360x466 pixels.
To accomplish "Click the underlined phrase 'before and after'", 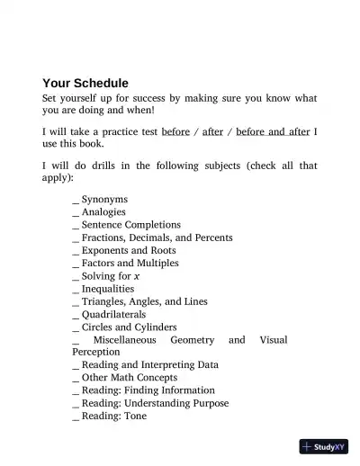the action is tap(273, 131).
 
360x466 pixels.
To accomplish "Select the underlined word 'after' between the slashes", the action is tap(212, 131).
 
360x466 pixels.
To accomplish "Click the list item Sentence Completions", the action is tap(130, 225).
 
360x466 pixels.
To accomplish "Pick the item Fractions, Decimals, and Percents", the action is tap(157, 237).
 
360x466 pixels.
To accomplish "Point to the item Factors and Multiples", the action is tap(130, 264).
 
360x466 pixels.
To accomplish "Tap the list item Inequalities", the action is tap(107, 290).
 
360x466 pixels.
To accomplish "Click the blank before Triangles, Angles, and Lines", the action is tap(75, 302).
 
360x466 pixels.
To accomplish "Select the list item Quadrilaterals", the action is tap(112, 315).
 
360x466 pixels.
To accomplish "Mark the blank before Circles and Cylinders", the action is tap(75, 328).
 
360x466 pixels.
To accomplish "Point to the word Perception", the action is tap(95, 353).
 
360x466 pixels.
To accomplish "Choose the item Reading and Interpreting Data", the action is tap(149, 365).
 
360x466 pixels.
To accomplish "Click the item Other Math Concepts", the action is tap(125, 378).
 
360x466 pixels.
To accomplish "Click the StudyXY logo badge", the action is tap(325, 446).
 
